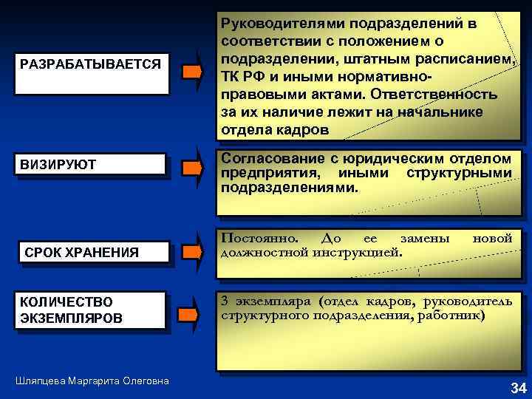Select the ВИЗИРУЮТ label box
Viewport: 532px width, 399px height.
coord(90,164)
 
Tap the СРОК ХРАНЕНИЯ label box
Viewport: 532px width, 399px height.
coord(90,253)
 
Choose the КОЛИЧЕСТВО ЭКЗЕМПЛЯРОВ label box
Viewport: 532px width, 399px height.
coord(90,310)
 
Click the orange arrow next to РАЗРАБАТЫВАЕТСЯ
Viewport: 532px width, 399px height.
coord(192,72)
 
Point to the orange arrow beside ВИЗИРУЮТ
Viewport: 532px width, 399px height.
coord(192,168)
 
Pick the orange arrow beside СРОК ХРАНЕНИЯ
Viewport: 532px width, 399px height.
coord(192,252)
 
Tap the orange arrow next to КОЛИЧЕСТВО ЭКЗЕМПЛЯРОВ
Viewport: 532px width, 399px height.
coord(192,314)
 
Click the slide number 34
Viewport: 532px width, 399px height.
coord(518,388)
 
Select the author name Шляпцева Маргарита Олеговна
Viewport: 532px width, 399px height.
coord(92,381)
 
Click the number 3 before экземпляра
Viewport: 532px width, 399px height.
coord(225,301)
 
